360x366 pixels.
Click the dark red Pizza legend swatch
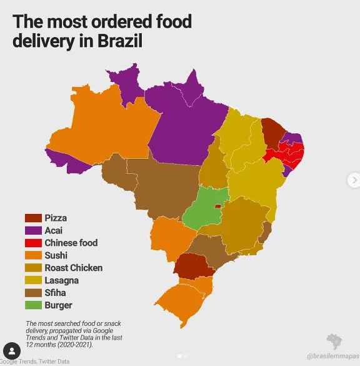[32, 218]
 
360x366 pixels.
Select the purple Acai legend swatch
[32, 230]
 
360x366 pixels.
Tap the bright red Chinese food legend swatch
[32, 243]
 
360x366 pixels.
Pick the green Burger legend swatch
[32, 305]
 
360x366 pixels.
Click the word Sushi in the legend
[56, 255]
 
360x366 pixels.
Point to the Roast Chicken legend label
[73, 268]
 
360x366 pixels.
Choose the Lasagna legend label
[61, 280]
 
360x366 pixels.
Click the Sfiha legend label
[56, 293]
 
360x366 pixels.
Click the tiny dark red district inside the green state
[217, 205]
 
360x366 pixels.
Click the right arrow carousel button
[353, 180]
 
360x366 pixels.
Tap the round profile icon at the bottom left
[11, 350]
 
